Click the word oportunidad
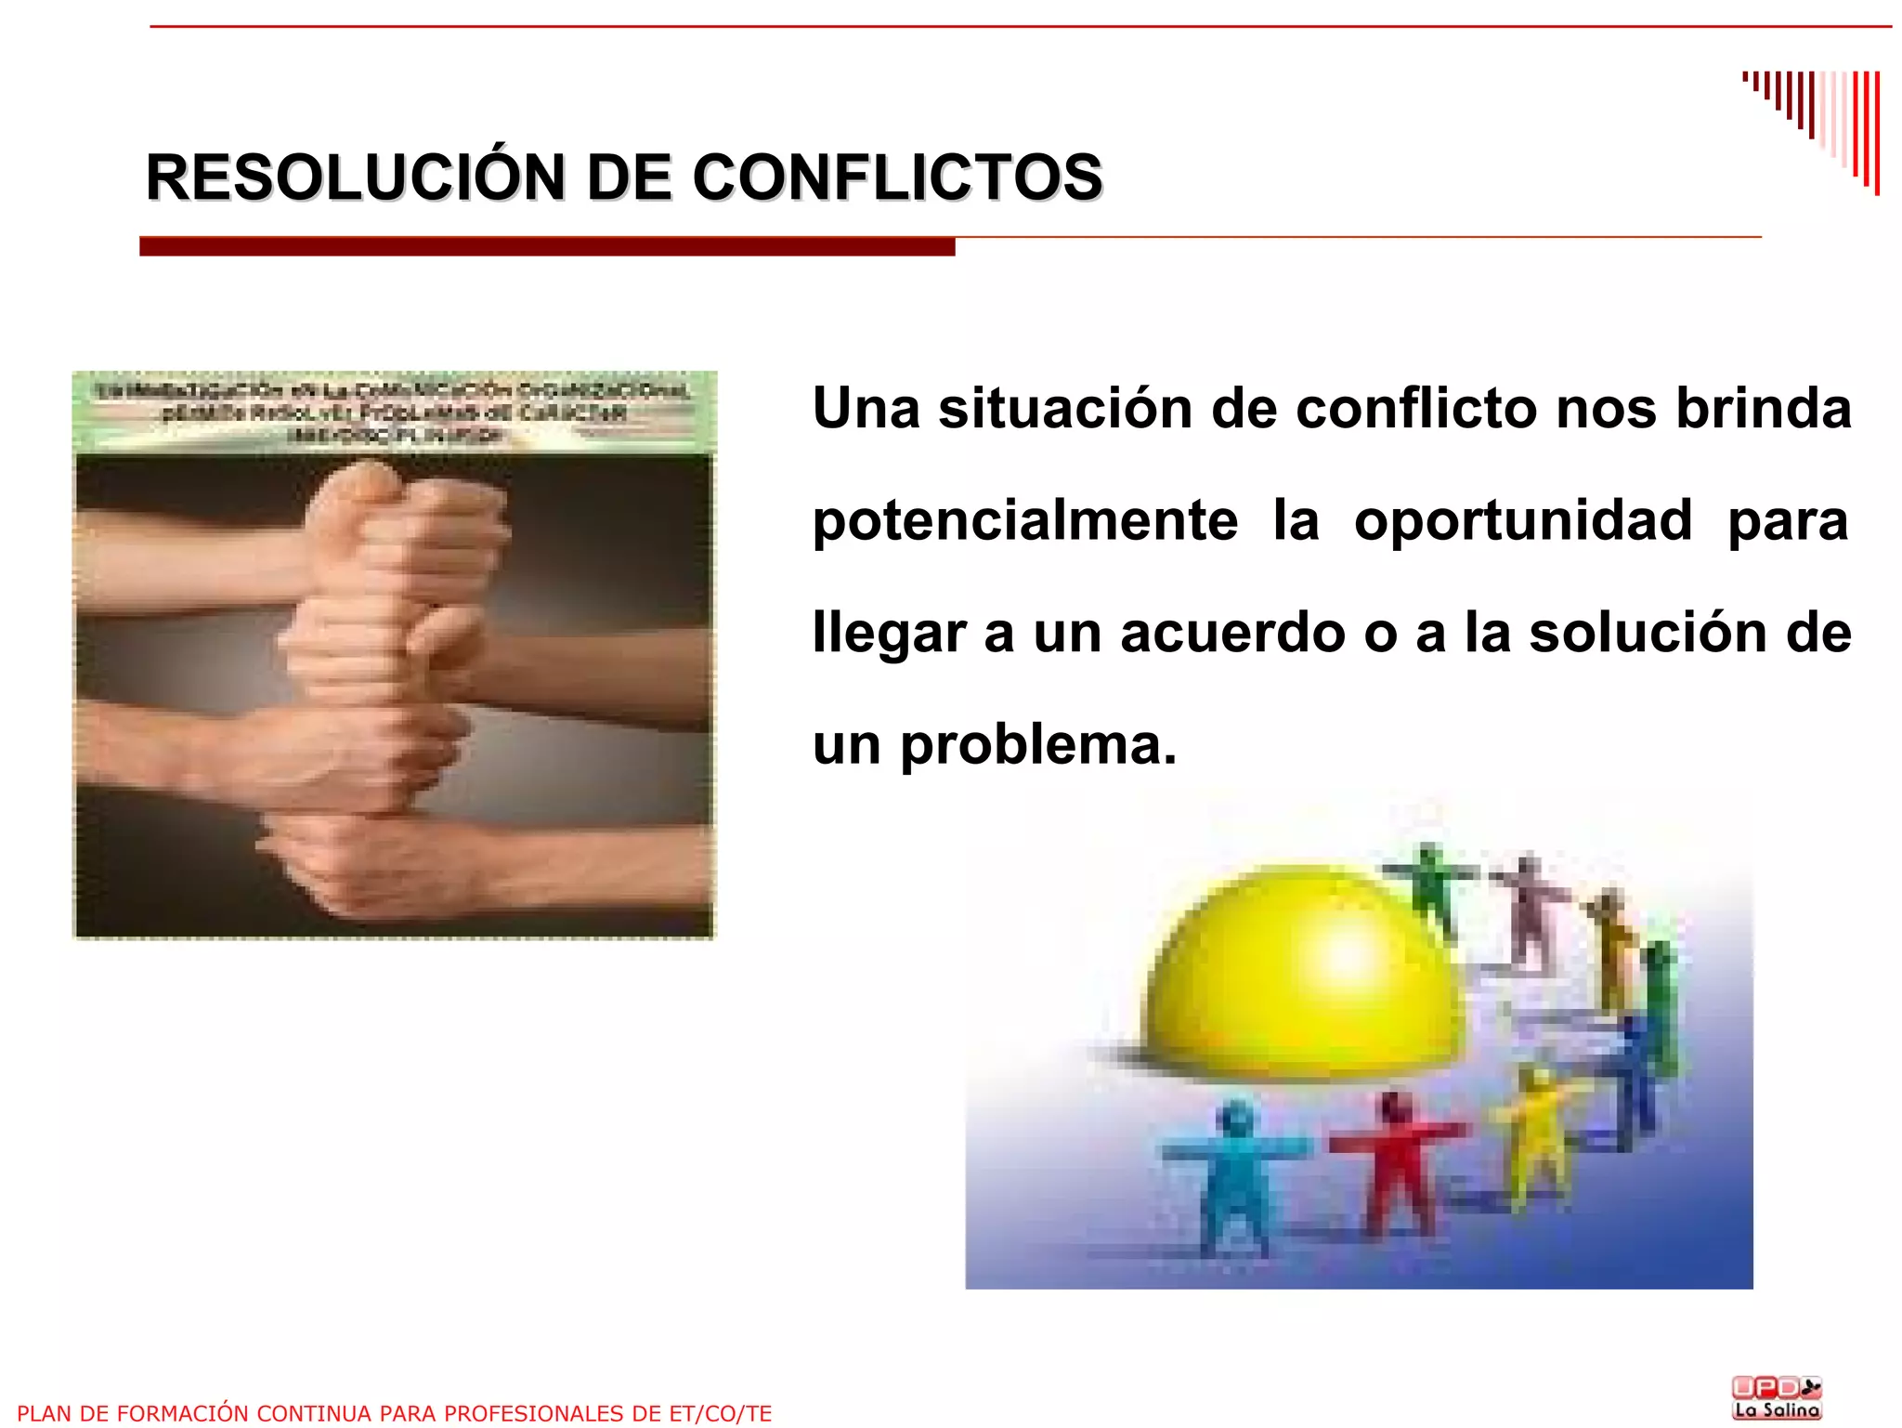(1523, 520)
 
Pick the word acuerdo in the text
(1232, 633)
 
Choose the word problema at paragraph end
(1038, 745)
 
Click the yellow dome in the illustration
(1300, 976)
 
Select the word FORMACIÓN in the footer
(196, 1413)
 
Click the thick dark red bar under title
(547, 247)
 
